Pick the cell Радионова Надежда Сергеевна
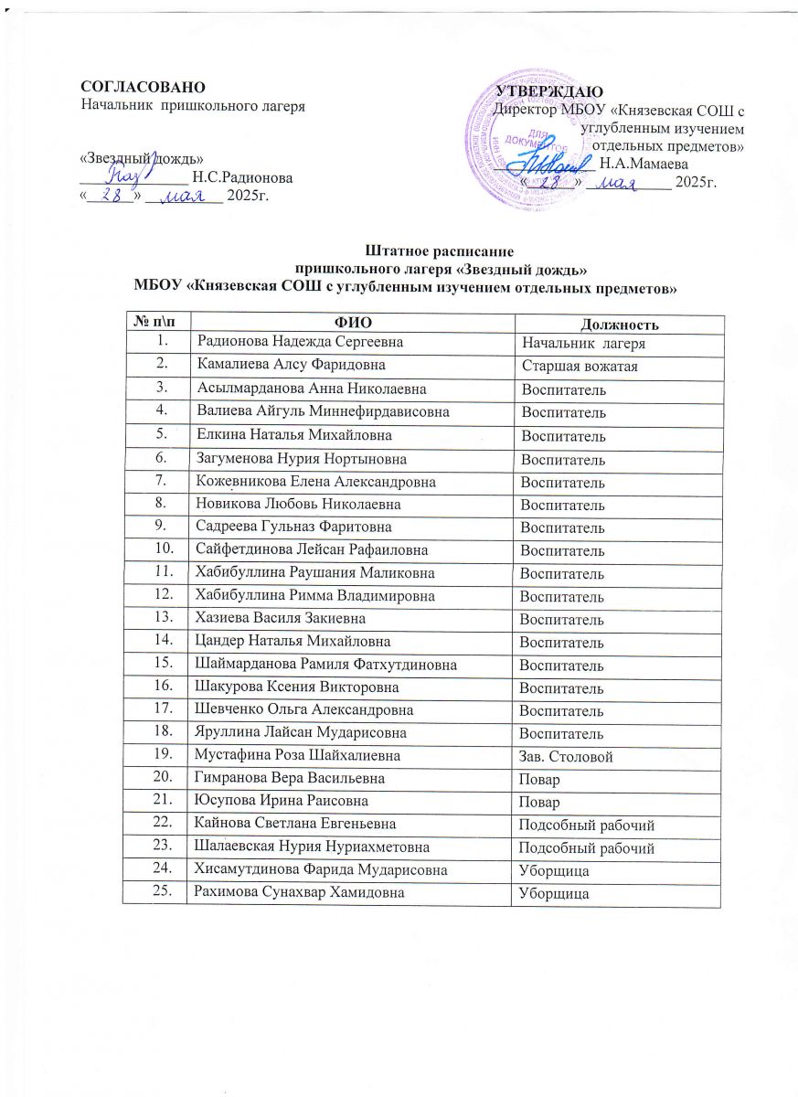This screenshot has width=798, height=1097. click(282, 342)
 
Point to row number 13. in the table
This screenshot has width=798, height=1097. click(164, 618)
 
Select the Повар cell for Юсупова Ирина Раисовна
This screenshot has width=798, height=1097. click(539, 803)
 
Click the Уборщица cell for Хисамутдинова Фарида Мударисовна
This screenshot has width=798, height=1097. click(554, 872)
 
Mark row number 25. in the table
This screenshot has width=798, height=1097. click(164, 891)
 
